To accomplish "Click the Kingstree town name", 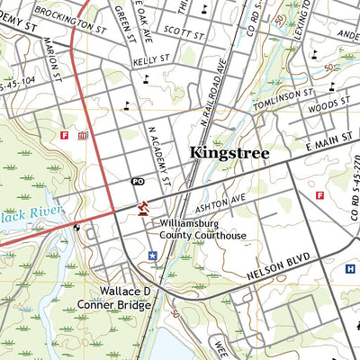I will click(229, 154).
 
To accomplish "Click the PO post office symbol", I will click(138, 182).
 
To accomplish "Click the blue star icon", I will click(152, 256).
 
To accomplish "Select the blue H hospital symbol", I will click(350, 268).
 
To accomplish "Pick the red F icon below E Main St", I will click(319, 195).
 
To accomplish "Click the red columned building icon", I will click(83, 136).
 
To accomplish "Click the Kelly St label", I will click(151, 61).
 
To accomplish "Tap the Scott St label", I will click(184, 32).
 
